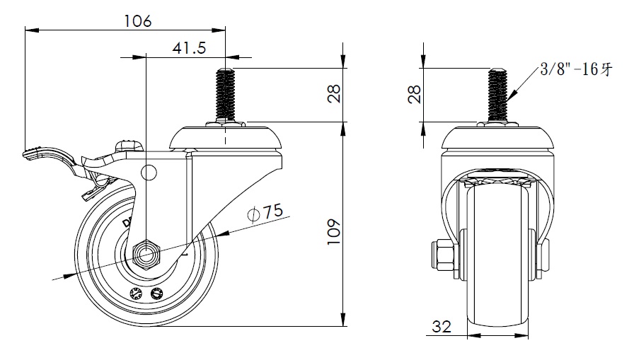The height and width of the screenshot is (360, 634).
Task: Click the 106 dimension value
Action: pyautogui.click(x=137, y=21)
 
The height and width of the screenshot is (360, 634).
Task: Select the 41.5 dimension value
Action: pyautogui.click(x=189, y=48)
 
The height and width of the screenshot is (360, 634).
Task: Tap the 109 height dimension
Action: pyautogui.click(x=334, y=231)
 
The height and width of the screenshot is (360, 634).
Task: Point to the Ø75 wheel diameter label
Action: pyautogui.click(x=265, y=212)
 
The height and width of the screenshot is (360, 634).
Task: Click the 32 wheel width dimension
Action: pyautogui.click(x=442, y=327)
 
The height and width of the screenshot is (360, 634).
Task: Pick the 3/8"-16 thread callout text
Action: pyautogui.click(x=576, y=69)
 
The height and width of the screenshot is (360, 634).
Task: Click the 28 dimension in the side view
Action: pyautogui.click(x=334, y=94)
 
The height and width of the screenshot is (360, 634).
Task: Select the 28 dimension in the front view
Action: pyautogui.click(x=415, y=94)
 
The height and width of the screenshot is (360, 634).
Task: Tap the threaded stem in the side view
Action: pyautogui.click(x=226, y=95)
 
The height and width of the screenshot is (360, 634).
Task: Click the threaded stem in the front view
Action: pyautogui.click(x=497, y=95)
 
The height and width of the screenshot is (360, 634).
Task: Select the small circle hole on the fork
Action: pyautogui.click(x=149, y=173)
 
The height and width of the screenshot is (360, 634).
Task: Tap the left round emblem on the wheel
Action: pyautogui.click(x=135, y=294)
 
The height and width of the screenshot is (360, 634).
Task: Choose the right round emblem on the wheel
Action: pyautogui.click(x=156, y=294)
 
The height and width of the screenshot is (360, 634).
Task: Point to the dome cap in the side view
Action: pyautogui.click(x=226, y=138)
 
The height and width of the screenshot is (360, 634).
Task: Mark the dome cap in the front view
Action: pyautogui.click(x=497, y=138)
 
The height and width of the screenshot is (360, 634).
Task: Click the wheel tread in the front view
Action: pyautogui.click(x=497, y=259)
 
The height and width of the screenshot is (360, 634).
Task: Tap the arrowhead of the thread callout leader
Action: pyautogui.click(x=511, y=98)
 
